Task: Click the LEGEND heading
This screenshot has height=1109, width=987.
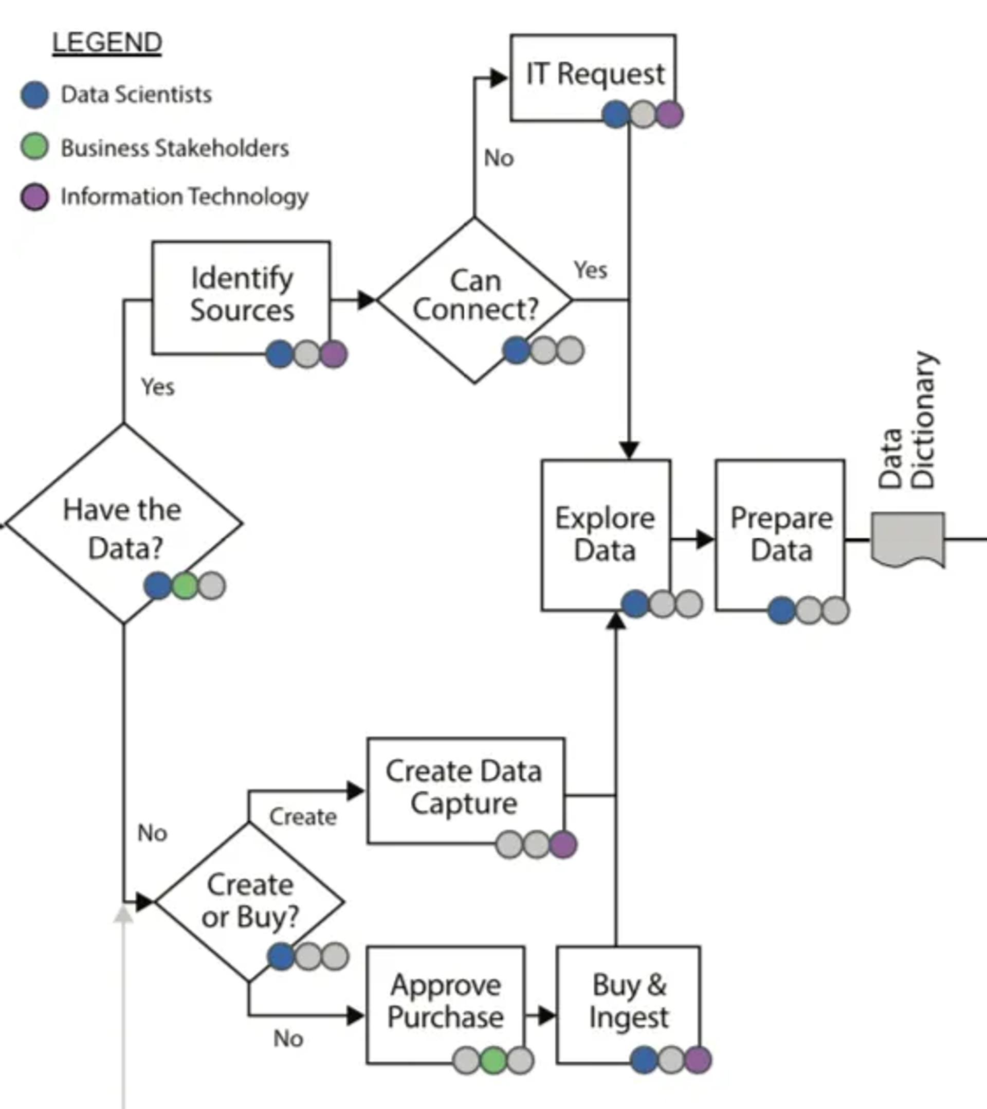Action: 107,42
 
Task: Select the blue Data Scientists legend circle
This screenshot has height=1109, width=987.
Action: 35,95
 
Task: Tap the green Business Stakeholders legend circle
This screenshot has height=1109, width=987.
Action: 35,147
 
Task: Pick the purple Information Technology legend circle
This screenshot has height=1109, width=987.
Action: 35,196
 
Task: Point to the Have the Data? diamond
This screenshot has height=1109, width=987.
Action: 124,526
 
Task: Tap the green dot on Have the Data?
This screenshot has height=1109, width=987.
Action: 185,585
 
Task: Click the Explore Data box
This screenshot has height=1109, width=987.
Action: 605,534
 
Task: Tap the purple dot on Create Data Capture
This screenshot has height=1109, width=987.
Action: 563,845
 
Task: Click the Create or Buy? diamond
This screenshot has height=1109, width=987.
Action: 249,901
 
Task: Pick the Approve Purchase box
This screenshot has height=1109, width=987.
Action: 445,1001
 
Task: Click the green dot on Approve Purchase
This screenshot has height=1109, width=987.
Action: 493,1061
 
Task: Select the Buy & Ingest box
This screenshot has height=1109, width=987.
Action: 628,1001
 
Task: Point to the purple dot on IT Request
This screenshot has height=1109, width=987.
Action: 670,115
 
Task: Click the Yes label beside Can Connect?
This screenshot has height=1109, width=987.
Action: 590,270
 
